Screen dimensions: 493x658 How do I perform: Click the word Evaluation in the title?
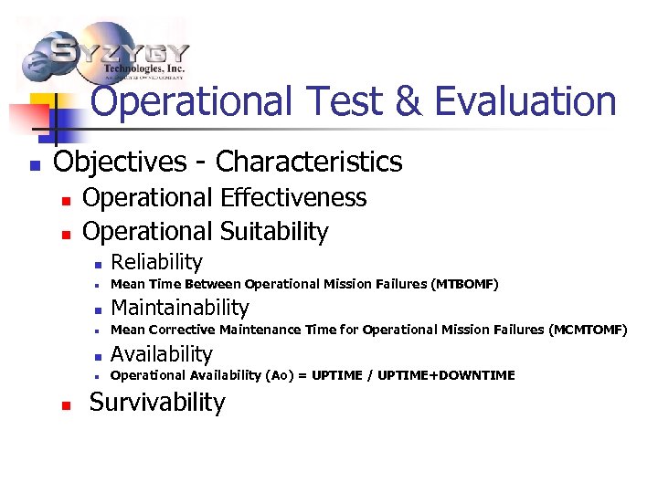coord(526,101)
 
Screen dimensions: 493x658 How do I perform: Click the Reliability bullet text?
coord(156,263)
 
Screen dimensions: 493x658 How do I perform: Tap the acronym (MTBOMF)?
coord(465,285)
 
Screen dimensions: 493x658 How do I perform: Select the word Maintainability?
coord(179,308)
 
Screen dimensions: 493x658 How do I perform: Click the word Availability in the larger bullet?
coord(161,354)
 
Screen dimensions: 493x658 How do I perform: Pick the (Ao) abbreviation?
coord(281,375)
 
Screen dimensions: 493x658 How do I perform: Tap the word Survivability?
coord(156,403)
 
